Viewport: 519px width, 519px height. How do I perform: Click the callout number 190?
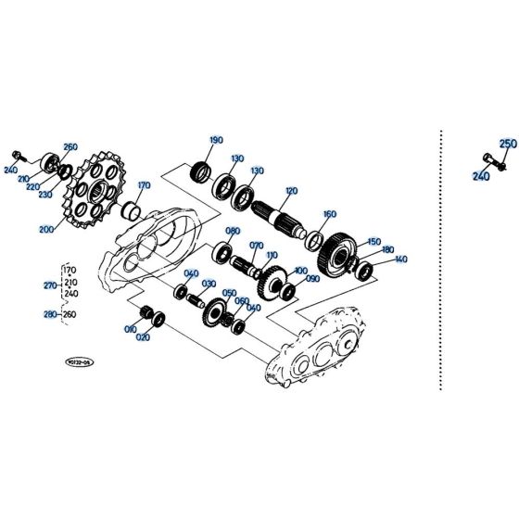216,141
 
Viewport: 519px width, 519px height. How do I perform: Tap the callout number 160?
329,214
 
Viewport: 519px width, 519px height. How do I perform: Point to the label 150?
373,241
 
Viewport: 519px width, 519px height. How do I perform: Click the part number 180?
387,250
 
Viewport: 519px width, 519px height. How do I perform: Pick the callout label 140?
400,259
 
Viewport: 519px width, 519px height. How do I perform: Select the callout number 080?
233,232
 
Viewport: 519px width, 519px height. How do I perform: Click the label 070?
257,246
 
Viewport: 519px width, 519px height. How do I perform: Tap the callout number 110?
272,255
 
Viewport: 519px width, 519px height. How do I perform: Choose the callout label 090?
312,279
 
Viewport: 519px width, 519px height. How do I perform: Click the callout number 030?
209,284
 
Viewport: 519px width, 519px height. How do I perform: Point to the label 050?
229,293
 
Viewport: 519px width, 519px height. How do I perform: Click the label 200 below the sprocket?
45,228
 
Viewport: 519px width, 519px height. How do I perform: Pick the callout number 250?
508,145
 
